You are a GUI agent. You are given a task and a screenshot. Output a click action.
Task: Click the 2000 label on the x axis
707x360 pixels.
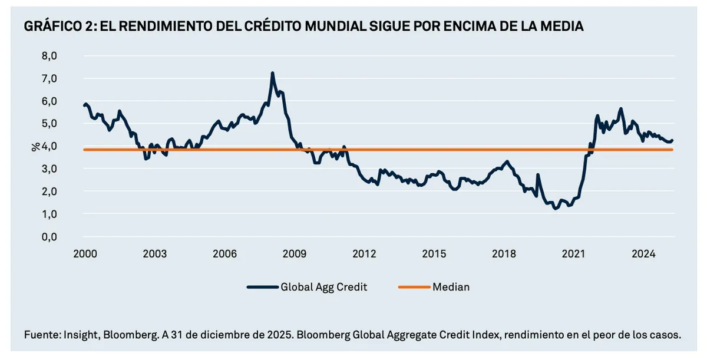85,255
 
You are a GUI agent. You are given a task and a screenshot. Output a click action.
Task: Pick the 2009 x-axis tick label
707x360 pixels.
295,255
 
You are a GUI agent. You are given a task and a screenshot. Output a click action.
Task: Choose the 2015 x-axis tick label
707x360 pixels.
434,255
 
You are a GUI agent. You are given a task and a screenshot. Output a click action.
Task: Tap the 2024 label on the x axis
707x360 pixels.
644,255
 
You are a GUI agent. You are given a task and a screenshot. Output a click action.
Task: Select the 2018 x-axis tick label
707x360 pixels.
504,255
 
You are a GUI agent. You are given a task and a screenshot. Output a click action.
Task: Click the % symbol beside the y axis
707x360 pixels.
34,146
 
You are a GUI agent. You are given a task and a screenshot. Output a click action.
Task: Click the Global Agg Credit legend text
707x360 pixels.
324,288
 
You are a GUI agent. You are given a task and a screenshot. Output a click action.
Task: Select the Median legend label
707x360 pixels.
451,288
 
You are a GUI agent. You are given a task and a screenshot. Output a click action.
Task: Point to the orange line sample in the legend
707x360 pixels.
414,288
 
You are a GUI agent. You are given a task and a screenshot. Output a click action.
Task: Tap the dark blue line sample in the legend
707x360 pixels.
262,288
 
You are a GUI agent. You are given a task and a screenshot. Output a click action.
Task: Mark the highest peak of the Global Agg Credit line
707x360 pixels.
272,73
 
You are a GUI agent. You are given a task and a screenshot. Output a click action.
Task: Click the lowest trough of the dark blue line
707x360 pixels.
555,209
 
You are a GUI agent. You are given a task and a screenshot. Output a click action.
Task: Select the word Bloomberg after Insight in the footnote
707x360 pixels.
130,335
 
